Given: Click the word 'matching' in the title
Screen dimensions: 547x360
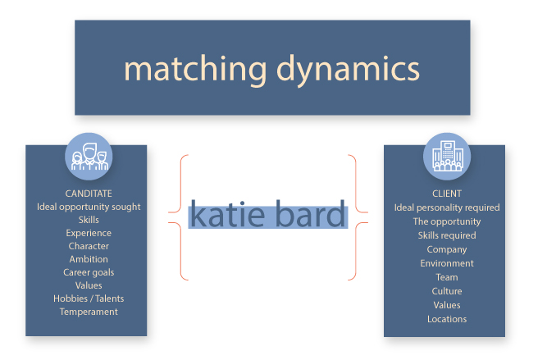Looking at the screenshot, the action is coord(195,69).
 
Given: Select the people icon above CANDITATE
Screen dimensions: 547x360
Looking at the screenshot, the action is coord(89,157).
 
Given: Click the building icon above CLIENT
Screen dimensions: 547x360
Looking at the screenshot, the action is coord(447,157).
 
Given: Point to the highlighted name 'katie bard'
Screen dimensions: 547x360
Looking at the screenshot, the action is coord(268,214).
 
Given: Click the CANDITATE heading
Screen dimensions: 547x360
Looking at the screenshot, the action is coord(89,194).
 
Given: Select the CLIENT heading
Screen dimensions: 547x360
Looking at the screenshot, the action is coord(447,194).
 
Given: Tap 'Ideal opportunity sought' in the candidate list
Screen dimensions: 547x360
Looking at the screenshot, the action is coord(89,207).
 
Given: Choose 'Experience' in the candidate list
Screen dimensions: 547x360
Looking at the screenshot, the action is coord(89,234).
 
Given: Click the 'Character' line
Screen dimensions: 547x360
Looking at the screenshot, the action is coord(89,246).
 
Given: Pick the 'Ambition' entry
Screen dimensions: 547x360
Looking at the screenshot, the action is coord(89,259).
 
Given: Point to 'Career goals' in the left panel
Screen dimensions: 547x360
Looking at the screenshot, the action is coord(89,272).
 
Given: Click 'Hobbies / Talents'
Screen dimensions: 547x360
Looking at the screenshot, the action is coord(89,298).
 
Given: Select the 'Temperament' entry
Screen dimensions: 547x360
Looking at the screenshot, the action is coord(89,312).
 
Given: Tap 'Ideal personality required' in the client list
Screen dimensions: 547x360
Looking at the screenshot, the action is coord(447,208).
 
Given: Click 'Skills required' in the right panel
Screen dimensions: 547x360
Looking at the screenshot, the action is coord(447,235).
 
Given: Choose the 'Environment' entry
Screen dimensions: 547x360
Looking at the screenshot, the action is coord(447,263).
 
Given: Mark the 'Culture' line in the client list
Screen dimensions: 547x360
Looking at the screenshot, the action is coord(447,291).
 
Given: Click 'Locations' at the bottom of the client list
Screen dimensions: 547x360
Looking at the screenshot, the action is coord(447,319).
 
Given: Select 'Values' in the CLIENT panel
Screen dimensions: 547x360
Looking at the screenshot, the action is coord(447,305).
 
